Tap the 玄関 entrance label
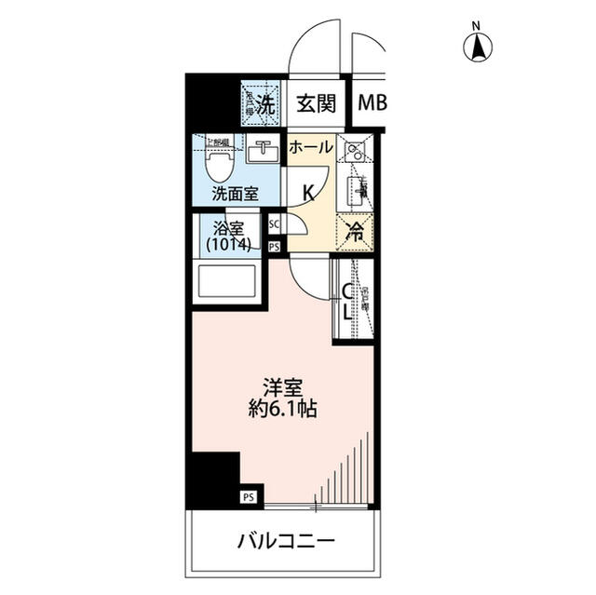[317, 103]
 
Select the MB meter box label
[371, 104]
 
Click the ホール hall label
[309, 147]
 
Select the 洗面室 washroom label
[234, 196]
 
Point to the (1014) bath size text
[228, 245]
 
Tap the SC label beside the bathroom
[275, 224]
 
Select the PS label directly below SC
[275, 247]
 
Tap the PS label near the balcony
[249, 498]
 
